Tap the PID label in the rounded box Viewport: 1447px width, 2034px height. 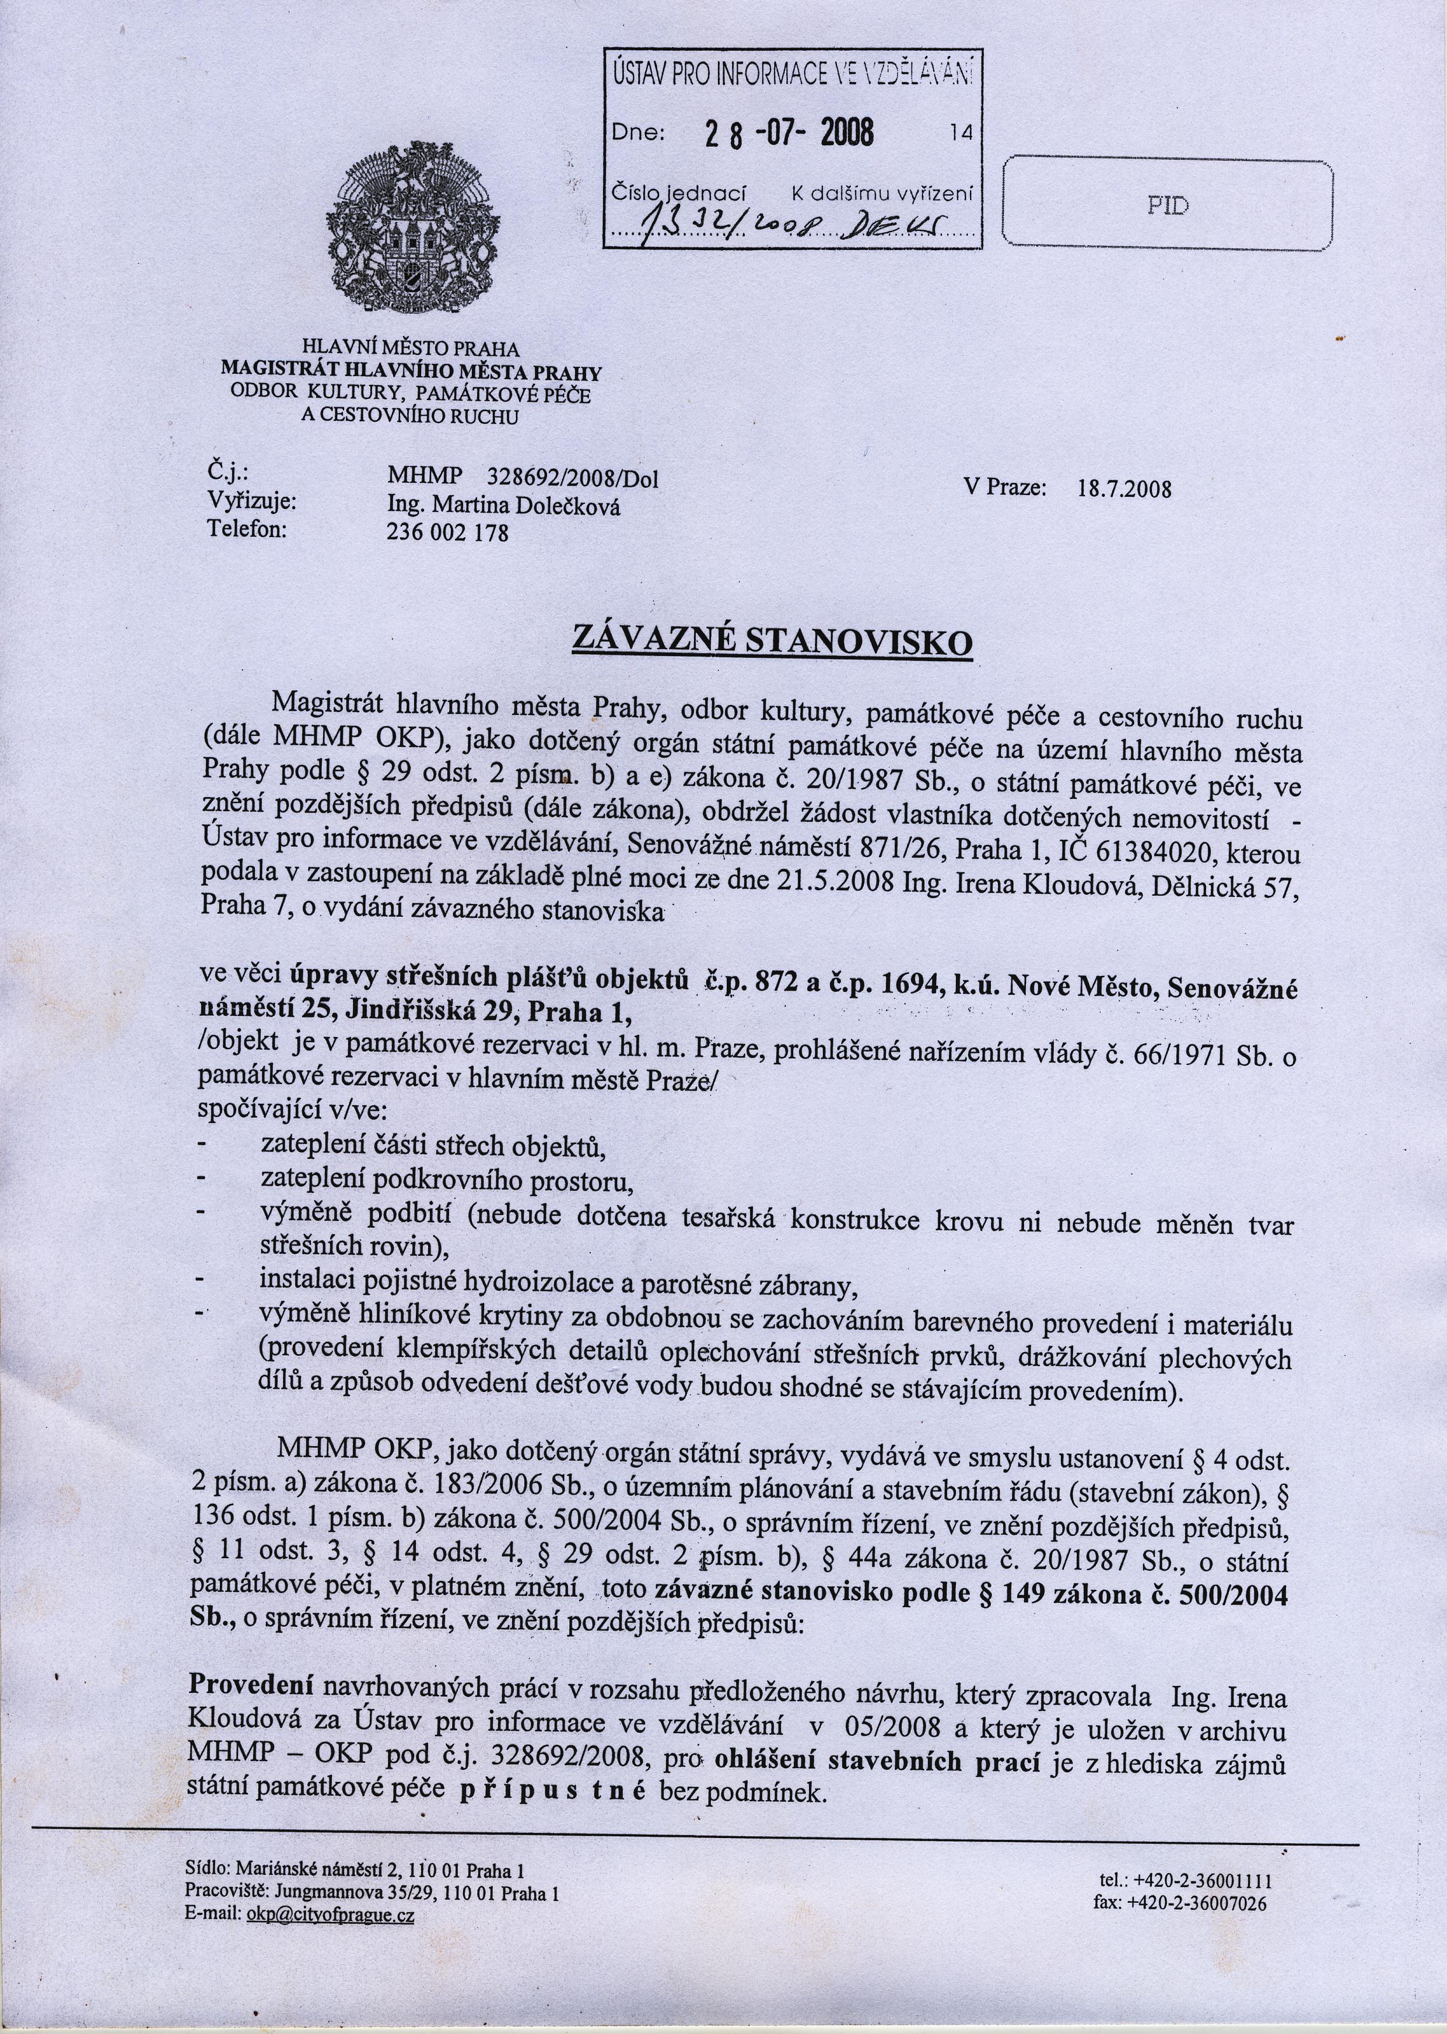coord(1166,206)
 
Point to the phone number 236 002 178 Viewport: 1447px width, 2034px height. coord(448,533)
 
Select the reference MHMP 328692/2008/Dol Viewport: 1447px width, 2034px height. coord(523,478)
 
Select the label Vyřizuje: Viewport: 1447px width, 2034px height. coord(252,501)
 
